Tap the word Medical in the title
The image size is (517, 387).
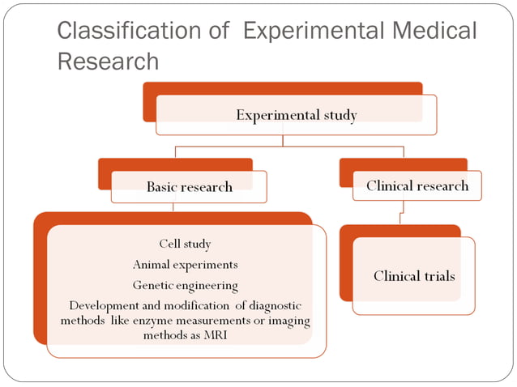point(434,32)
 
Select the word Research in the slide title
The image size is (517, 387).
point(108,62)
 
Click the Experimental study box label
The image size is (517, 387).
point(296,115)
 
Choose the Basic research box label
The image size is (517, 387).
point(189,187)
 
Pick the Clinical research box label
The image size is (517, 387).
point(417,185)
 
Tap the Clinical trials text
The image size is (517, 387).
point(414,276)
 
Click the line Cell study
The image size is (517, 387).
point(185,243)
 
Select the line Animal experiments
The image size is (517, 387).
point(185,264)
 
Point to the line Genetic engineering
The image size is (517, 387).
point(185,285)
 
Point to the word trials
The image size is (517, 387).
point(435,276)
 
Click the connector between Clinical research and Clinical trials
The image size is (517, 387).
point(400,213)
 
